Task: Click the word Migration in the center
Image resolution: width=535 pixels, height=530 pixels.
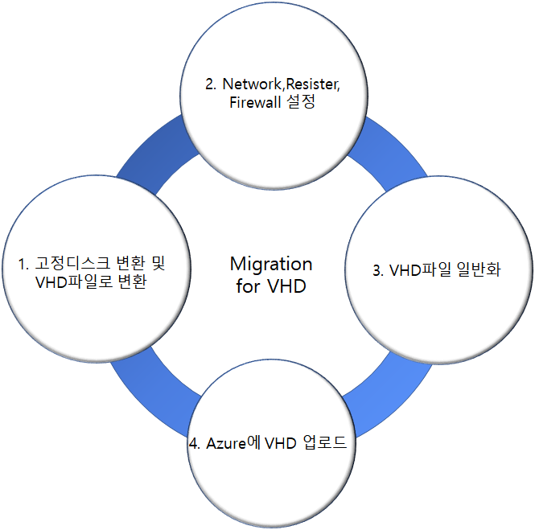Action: pyautogui.click(x=271, y=264)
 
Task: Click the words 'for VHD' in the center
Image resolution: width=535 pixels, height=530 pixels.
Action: pyautogui.click(x=271, y=286)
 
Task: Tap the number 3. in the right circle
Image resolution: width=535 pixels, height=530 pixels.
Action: pyautogui.click(x=378, y=270)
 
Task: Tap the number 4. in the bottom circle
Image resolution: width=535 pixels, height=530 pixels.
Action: pyautogui.click(x=195, y=443)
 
